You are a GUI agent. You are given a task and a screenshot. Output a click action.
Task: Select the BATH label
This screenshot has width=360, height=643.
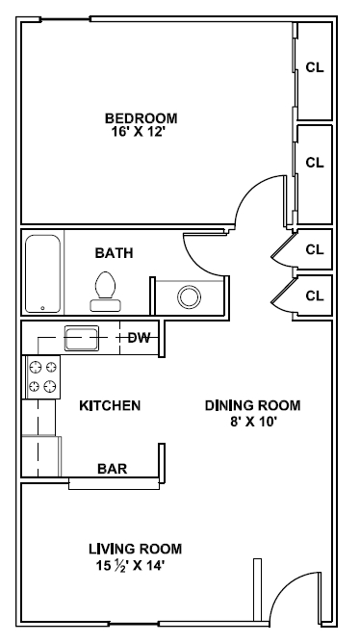point(114,253)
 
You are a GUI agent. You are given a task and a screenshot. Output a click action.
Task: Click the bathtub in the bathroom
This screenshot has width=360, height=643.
point(43,273)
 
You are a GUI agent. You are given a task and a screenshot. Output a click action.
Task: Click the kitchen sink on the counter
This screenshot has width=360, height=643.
point(80,337)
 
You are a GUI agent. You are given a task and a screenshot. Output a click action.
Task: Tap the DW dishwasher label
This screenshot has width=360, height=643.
point(139,337)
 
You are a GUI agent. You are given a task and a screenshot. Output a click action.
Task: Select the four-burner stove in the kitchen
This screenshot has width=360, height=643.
point(41,376)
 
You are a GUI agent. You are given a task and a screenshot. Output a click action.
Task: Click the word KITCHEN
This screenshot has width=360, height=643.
point(110,405)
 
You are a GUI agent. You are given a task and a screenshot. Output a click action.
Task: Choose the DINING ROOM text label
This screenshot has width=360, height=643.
point(252,405)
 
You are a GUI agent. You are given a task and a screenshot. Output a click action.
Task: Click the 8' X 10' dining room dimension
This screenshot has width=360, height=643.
point(252,421)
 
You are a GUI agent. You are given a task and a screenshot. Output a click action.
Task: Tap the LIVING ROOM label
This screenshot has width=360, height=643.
point(135,549)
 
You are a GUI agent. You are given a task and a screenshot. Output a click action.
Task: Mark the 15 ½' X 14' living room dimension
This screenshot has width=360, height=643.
point(135,565)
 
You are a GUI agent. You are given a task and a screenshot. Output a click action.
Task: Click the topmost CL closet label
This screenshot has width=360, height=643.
point(314,67)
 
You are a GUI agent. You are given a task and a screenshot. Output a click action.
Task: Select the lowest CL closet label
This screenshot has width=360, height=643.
point(314,296)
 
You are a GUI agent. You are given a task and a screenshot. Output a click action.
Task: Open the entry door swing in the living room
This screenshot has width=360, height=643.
point(294,592)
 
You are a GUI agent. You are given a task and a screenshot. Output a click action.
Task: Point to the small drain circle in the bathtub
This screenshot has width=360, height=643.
point(41,308)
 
